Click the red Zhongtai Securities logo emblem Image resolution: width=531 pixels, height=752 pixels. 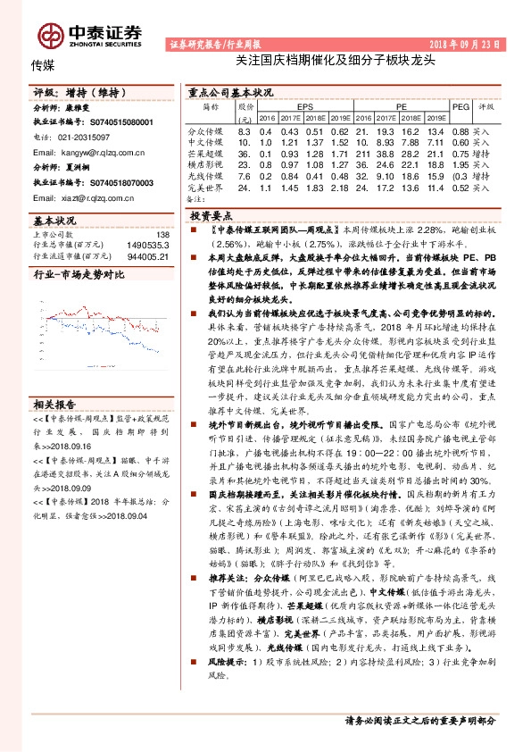click(x=49, y=35)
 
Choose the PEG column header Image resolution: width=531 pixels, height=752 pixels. click(x=460, y=105)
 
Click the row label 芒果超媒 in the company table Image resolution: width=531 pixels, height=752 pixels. click(x=205, y=153)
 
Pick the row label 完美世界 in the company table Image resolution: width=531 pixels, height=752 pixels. click(x=205, y=188)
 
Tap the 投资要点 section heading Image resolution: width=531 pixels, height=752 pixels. click(x=212, y=216)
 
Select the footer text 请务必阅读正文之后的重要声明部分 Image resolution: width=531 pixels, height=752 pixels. click(x=419, y=720)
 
